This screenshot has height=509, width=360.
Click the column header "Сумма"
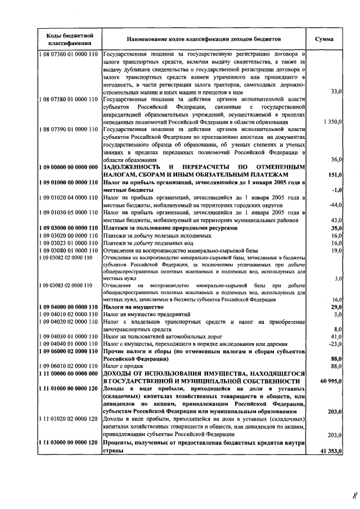[325, 40]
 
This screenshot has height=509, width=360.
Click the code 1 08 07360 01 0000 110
[70, 54]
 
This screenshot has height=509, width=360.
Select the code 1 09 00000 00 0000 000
[70, 167]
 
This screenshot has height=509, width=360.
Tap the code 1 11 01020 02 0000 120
[70, 419]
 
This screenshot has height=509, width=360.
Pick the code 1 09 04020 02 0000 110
[70, 321]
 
